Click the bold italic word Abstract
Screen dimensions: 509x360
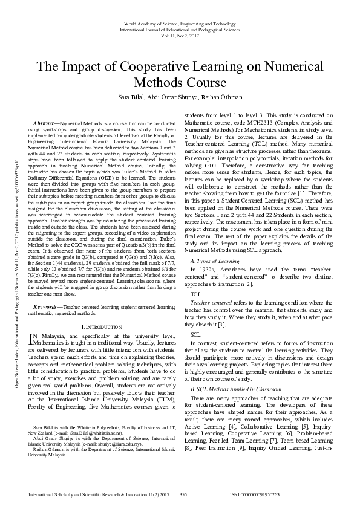(48, 123)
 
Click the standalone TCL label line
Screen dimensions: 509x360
(195, 293)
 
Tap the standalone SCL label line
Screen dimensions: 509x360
(195, 334)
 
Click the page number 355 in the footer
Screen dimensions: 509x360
(185, 494)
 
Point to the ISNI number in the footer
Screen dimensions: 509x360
(255, 494)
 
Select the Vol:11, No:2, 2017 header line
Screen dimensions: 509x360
(180, 35)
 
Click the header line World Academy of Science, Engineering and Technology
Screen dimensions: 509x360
(180, 22)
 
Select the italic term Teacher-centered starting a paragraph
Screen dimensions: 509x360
(209, 302)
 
